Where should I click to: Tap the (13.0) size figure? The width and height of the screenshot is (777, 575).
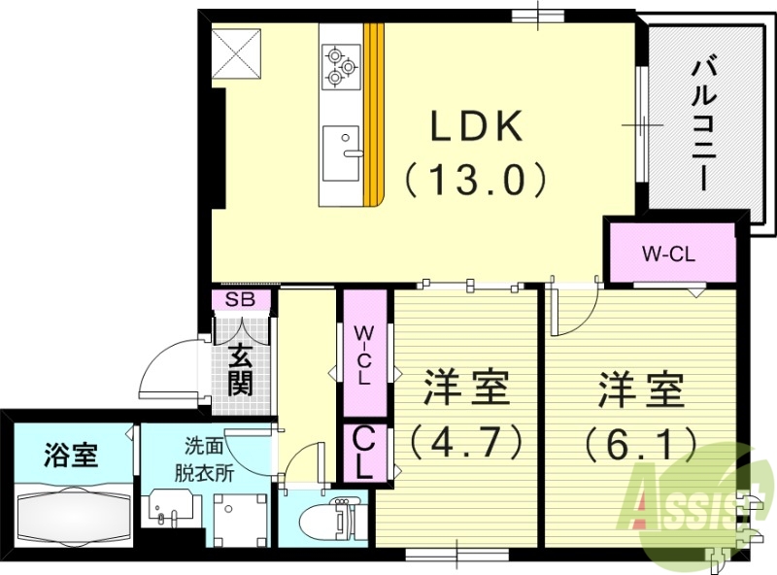point(477,179)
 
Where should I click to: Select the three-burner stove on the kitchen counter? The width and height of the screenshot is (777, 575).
point(340,65)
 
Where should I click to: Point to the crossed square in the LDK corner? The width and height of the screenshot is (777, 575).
point(238,51)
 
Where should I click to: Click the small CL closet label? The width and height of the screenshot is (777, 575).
point(361,452)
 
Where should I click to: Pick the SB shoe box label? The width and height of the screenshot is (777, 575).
point(239,300)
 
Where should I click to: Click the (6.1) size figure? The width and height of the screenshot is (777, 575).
point(640,444)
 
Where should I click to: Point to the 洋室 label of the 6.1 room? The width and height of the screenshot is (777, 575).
point(640,391)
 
